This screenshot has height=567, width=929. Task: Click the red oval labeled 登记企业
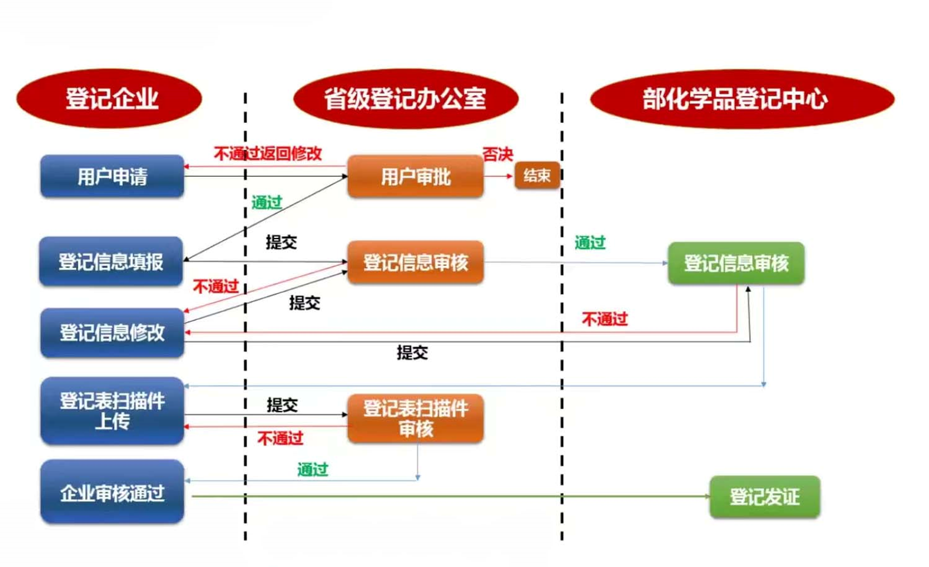[110, 98]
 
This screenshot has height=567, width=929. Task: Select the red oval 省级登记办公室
[405, 98]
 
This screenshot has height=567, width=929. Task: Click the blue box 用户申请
[112, 177]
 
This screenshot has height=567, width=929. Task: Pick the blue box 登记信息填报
[111, 262]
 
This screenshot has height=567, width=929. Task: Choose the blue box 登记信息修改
[112, 333]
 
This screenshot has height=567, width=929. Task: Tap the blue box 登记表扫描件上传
[112, 411]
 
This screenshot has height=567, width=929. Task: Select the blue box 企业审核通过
[112, 492]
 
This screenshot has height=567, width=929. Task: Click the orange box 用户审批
[415, 177]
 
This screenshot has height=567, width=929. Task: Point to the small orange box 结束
[537, 176]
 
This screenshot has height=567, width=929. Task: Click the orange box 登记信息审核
[415, 262]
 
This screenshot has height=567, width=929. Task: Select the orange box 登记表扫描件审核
[415, 418]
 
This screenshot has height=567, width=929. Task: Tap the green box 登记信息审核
[736, 264]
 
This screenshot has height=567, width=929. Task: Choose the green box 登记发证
[764, 497]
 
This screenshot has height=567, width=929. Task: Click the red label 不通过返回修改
[267, 154]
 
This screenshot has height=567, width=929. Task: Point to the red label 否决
[497, 154]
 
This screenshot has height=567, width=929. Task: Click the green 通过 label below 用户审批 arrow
[267, 202]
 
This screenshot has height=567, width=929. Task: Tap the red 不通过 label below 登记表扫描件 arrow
[280, 438]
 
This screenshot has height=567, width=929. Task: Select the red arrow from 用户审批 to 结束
[498, 176]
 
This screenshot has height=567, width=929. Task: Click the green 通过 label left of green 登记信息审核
[590, 243]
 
